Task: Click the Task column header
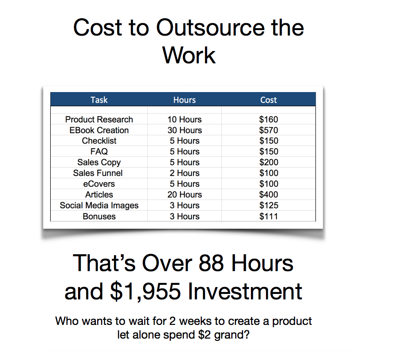coord(99,100)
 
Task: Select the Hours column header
coord(184,100)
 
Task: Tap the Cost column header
coord(269,100)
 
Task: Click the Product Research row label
coord(99,119)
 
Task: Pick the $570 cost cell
coord(269,130)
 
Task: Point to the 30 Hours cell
coord(185,130)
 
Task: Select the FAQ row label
coord(99,151)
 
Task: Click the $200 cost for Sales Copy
coord(269,162)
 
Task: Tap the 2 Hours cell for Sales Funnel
coord(185,173)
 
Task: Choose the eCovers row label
coord(99,184)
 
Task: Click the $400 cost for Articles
coord(269,195)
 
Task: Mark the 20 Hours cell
coord(185,195)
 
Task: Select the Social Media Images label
coord(99,206)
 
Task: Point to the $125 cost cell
coord(269,205)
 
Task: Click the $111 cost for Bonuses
coord(269,216)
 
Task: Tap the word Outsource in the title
coord(210,28)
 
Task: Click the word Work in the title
coord(189,55)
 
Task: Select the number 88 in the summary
coord(212,263)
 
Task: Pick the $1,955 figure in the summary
coord(146,291)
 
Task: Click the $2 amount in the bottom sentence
coord(204,334)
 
